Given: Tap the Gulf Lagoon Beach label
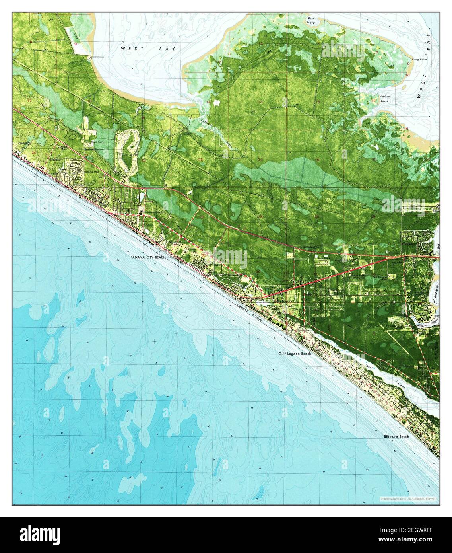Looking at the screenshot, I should tap(295, 353).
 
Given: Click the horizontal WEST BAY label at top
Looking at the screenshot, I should tap(148, 48).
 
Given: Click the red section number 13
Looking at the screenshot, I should tap(261, 103).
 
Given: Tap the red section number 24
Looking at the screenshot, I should tap(261, 160).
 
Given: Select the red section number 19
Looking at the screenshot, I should tap(317, 160).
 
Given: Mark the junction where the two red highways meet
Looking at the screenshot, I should tap(403, 257).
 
